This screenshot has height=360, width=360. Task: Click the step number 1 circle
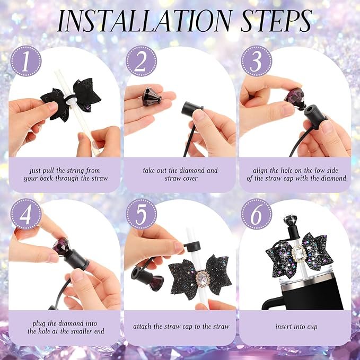[26, 61]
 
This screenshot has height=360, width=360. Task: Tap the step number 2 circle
[141, 61]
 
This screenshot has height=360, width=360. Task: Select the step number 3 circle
[257, 61]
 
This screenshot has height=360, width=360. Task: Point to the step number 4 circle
[26, 214]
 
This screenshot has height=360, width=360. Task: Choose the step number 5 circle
[141, 214]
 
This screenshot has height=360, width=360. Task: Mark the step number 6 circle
[257, 214]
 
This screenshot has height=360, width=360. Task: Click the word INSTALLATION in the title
[145, 21]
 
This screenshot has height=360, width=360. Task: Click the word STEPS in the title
[277, 21]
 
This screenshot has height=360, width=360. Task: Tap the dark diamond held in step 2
[152, 96]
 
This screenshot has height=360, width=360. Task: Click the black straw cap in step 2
[191, 109]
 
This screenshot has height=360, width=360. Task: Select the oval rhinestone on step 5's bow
[203, 279]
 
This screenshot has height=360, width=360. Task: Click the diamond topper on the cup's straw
[291, 220]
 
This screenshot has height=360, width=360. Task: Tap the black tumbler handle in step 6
[271, 303]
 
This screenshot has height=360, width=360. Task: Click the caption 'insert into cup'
[296, 327]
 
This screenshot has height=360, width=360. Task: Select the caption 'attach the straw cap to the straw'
[181, 327]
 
